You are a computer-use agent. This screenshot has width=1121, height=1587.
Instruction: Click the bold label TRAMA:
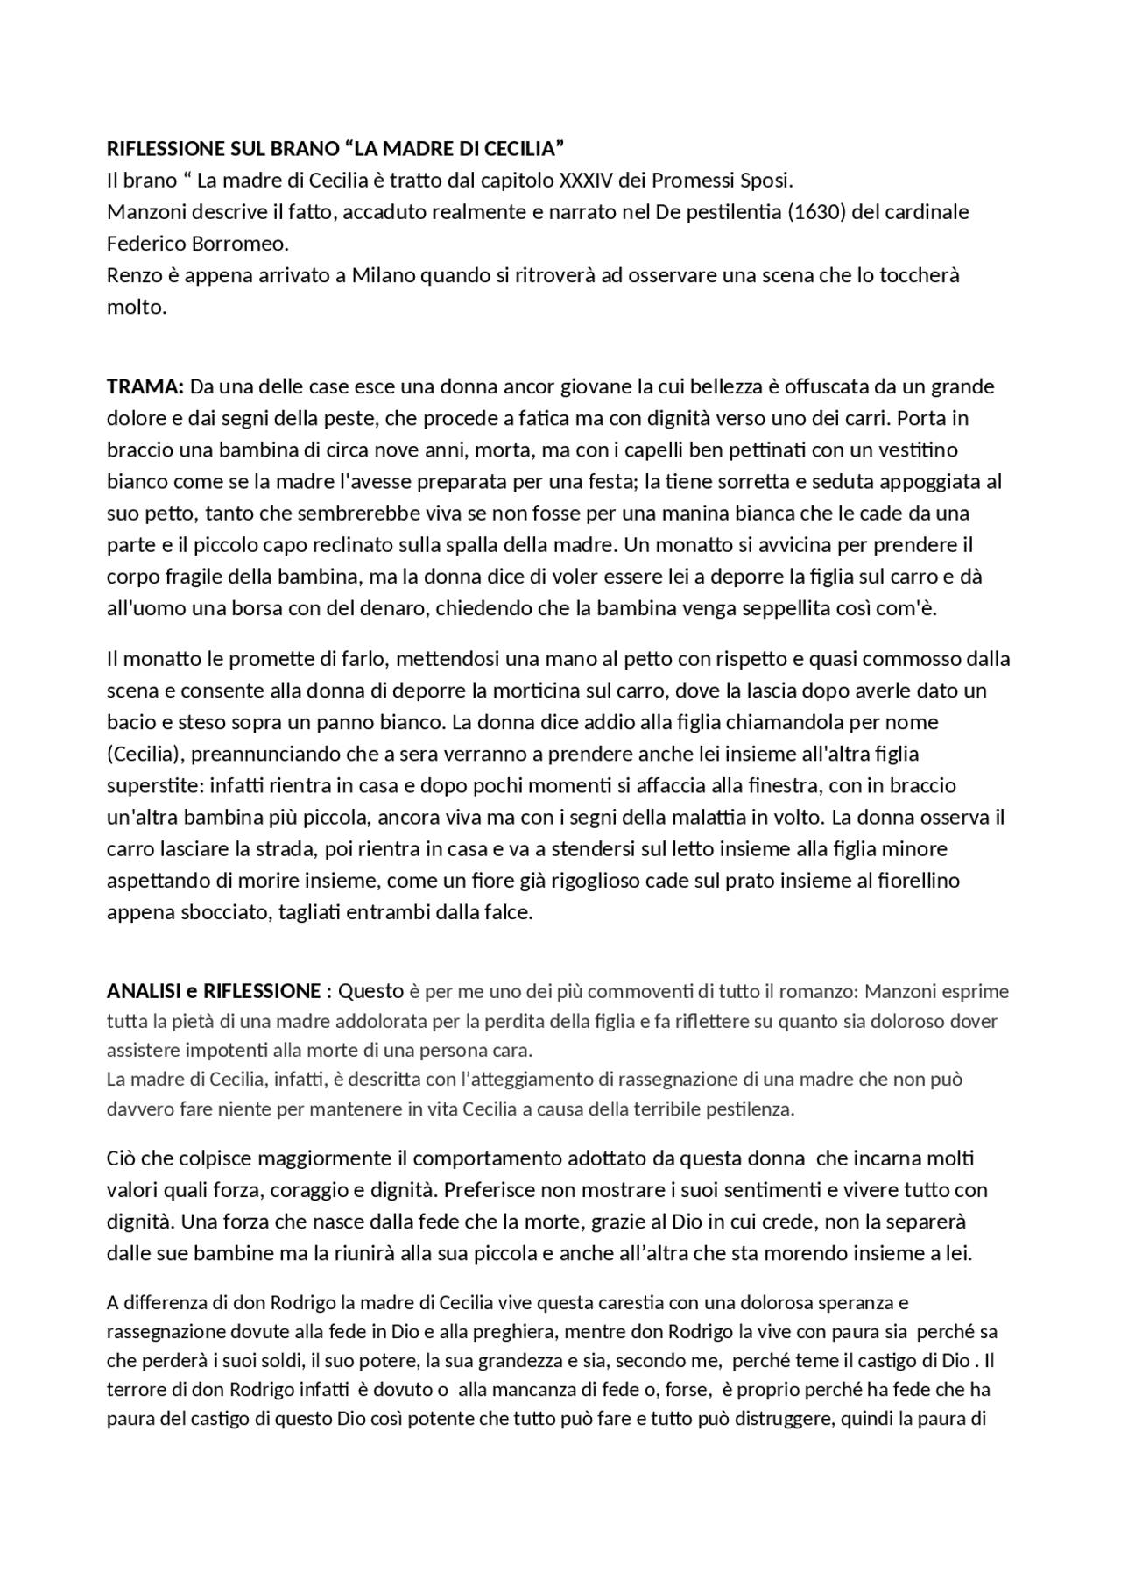tap(145, 386)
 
